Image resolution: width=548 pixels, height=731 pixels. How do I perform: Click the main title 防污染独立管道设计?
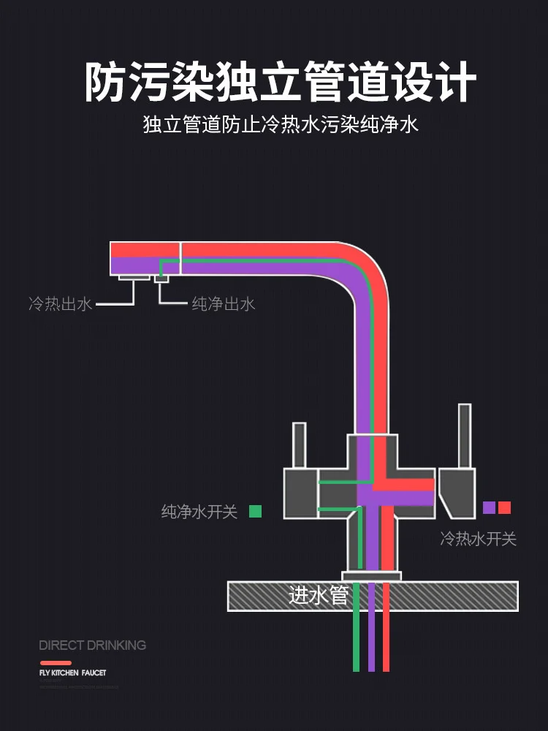281,82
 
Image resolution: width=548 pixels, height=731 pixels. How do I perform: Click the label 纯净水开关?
199,512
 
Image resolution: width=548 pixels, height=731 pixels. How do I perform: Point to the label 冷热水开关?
478,539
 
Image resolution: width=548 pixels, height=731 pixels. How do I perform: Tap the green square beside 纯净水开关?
255,511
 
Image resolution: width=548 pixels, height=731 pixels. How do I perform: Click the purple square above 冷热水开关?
489,507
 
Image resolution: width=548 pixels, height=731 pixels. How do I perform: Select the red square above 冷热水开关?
504,507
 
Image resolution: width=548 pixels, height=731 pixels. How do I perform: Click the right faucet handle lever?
465,436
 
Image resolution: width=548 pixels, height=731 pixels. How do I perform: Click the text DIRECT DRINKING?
92,645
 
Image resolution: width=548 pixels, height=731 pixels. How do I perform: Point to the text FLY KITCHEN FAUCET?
72,673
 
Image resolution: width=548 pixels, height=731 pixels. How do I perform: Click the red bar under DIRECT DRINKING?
56,663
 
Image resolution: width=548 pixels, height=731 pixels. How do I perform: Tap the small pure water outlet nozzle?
161,279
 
